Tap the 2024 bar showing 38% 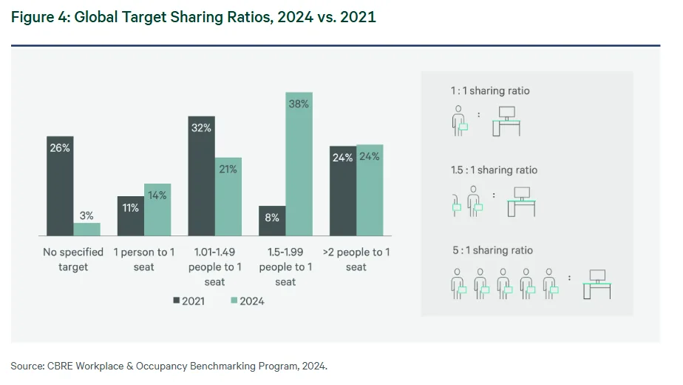[x=299, y=164]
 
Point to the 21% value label [x=228, y=169]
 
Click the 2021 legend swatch [x=176, y=301]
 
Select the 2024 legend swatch [x=234, y=301]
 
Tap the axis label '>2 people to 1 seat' [x=356, y=259]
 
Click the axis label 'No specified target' [x=72, y=259]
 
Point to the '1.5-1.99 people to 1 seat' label [x=285, y=267]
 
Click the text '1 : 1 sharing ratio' [x=490, y=91]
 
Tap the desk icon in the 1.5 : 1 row [x=520, y=201]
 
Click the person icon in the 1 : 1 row [x=459, y=119]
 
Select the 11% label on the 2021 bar [x=131, y=207]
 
